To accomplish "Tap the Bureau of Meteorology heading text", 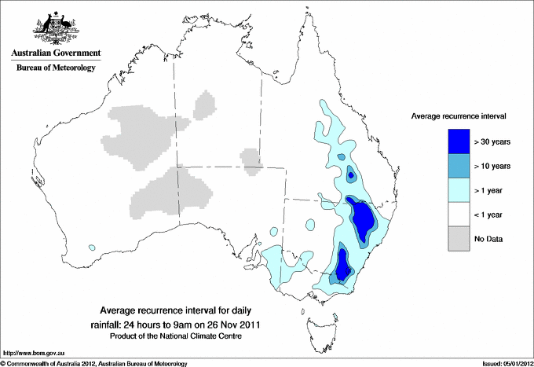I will pyautogui.click(x=55, y=68).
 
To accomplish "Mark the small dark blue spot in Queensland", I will pyautogui.click(x=350, y=177).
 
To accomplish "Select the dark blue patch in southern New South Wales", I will pyautogui.click(x=342, y=263).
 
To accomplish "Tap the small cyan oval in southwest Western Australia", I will pyautogui.click(x=91, y=248).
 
